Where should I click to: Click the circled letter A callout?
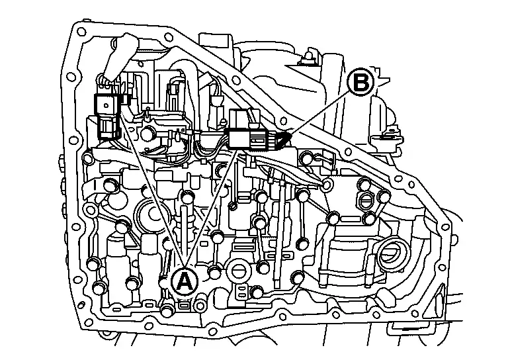click(184, 281)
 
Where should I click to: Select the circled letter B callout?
click(360, 83)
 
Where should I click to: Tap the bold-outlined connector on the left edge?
click(108, 116)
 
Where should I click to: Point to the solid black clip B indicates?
click(284, 140)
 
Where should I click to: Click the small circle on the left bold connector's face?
click(105, 105)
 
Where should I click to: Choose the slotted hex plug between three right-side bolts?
click(366, 202)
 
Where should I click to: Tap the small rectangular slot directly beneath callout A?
click(184, 305)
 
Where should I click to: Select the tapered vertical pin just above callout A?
click(184, 234)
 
